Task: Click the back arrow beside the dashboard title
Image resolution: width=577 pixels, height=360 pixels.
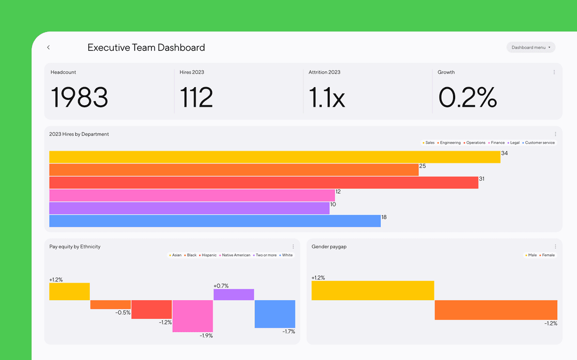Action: click(x=48, y=48)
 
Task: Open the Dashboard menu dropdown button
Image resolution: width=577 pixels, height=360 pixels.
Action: click(x=531, y=48)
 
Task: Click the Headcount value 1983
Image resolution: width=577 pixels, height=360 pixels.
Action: click(x=80, y=97)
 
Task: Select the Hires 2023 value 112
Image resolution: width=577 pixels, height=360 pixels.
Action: click(x=196, y=97)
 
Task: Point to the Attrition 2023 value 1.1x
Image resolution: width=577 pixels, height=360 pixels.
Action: click(x=326, y=97)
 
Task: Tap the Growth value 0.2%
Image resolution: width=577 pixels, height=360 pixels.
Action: click(x=467, y=97)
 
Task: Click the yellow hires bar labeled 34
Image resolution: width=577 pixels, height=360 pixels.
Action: click(x=275, y=157)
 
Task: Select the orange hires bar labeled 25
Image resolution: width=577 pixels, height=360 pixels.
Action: click(x=233, y=170)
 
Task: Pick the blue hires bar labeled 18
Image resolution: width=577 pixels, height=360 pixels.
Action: click(x=215, y=221)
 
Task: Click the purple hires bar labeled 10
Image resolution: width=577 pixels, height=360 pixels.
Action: click(x=189, y=208)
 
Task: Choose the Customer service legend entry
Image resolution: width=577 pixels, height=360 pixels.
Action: click(x=539, y=143)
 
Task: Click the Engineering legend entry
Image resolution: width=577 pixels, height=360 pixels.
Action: click(x=450, y=143)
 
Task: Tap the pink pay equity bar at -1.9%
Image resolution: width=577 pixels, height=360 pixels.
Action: click(x=193, y=316)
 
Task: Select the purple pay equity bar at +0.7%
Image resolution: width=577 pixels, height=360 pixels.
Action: click(x=233, y=294)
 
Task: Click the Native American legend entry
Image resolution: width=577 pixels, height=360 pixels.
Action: click(x=236, y=255)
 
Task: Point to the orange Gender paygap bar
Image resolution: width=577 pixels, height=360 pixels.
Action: click(x=496, y=310)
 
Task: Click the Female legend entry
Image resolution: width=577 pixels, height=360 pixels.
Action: click(x=548, y=255)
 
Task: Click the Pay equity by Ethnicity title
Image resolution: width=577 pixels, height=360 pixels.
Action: click(x=75, y=247)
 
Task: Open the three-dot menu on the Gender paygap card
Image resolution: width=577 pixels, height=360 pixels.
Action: click(x=555, y=247)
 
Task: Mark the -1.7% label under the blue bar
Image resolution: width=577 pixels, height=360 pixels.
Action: click(x=288, y=332)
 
